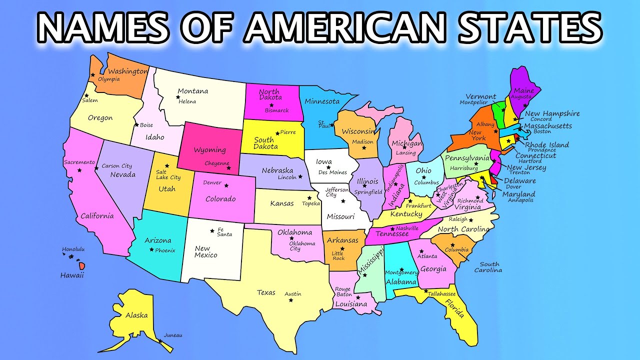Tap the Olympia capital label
pyautogui.click(x=108, y=79)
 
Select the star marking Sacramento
pyautogui.click(x=79, y=170)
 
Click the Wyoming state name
pyautogui.click(x=210, y=150)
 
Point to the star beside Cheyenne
pyautogui.click(x=228, y=168)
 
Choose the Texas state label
pyautogui.click(x=266, y=292)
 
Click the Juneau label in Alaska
pyautogui.click(x=173, y=335)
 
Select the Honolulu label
pyautogui.click(x=73, y=249)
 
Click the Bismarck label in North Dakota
pyautogui.click(x=277, y=110)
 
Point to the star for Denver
pyautogui.click(x=226, y=185)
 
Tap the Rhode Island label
pyautogui.click(x=546, y=144)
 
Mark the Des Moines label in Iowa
pyautogui.click(x=332, y=172)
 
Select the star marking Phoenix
pyautogui.click(x=151, y=249)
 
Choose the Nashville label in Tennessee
pyautogui.click(x=407, y=228)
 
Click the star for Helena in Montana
pyautogui.click(x=177, y=97)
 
